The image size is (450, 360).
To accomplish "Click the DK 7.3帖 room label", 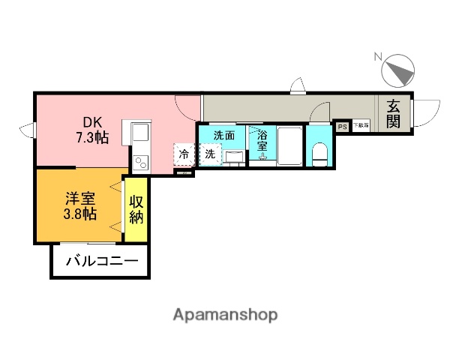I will pos(91,130).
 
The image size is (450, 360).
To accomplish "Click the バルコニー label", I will pos(101,262).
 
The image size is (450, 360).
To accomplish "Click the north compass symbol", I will pos(398,72).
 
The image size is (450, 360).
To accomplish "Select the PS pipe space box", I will pos(342,126).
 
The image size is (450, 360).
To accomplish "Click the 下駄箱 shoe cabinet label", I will pos(361,125).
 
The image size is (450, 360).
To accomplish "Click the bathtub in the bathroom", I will pos(289,146).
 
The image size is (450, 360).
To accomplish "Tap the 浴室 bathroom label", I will pos(262,141).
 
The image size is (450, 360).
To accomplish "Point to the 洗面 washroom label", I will pos(223,136).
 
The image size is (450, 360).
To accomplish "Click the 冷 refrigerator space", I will pos(184,154).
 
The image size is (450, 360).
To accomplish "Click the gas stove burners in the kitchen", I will pos(141,161).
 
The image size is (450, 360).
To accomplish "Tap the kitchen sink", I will pos(141,133).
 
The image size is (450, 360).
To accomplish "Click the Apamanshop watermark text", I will pos(225,314).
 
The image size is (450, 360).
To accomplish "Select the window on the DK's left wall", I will pos(29,130).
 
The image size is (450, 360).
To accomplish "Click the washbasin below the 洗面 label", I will pos(234,157).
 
